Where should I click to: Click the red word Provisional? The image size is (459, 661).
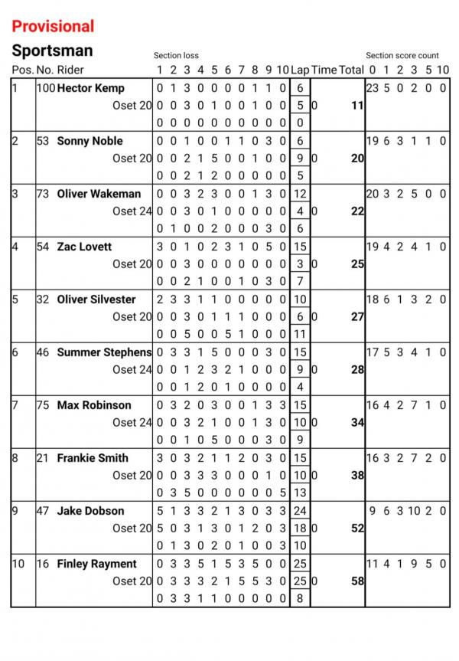[x=54, y=26]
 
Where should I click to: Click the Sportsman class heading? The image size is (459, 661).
[x=52, y=51]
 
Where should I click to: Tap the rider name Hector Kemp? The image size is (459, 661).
[x=90, y=88]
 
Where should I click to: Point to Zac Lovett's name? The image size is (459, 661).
[x=84, y=247]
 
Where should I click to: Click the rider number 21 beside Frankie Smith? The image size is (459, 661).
[x=43, y=458]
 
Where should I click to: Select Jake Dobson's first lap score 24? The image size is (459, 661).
[x=300, y=511]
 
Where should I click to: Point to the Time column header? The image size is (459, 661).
[x=324, y=70]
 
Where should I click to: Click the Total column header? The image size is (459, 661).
[x=351, y=70]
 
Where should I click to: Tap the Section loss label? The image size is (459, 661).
[x=176, y=56]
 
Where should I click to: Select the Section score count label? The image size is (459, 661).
[x=402, y=56]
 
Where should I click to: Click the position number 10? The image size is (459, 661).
[x=18, y=564]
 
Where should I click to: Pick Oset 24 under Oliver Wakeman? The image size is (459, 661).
[x=132, y=211]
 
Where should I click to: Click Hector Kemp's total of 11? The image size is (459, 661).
[x=356, y=106]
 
